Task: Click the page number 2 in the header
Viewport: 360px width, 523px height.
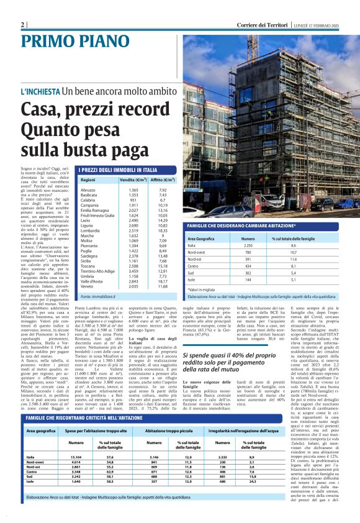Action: (x=22, y=24)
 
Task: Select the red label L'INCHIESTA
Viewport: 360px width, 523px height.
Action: (x=40, y=91)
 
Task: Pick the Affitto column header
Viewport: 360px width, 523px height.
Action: (x=164, y=180)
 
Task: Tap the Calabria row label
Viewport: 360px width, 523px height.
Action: (x=88, y=201)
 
